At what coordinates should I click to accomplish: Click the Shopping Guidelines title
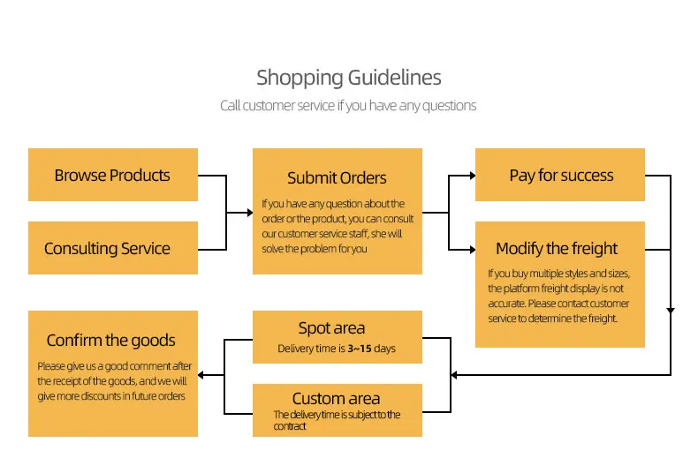(x=348, y=78)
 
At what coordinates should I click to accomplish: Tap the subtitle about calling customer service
(x=348, y=106)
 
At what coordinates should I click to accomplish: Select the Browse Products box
(x=112, y=175)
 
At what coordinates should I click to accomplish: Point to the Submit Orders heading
(x=337, y=178)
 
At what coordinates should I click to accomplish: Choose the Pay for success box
(x=561, y=175)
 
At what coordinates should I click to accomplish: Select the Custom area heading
(x=336, y=399)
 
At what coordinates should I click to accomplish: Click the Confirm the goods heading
(x=110, y=341)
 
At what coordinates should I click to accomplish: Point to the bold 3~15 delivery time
(x=359, y=349)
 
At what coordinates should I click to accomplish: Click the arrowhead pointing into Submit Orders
(x=248, y=213)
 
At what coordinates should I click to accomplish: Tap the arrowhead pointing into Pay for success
(x=471, y=176)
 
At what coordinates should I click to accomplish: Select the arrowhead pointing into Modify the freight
(x=471, y=250)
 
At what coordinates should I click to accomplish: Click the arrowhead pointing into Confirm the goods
(x=202, y=375)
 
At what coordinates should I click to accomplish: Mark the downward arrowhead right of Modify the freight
(x=671, y=311)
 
